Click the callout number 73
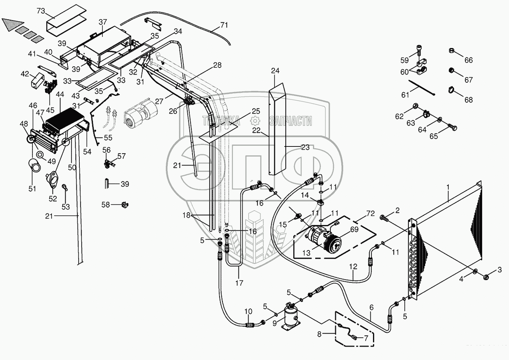click(41, 11)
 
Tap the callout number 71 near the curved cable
click(224, 25)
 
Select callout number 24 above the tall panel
click(275, 71)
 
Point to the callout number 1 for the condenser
click(448, 187)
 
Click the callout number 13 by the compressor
click(306, 253)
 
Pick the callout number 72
click(370, 214)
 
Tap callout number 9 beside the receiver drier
click(274, 323)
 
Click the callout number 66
click(468, 60)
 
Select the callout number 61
click(405, 95)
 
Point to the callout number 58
click(106, 205)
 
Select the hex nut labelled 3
click(486, 277)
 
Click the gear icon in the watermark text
click(255, 121)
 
